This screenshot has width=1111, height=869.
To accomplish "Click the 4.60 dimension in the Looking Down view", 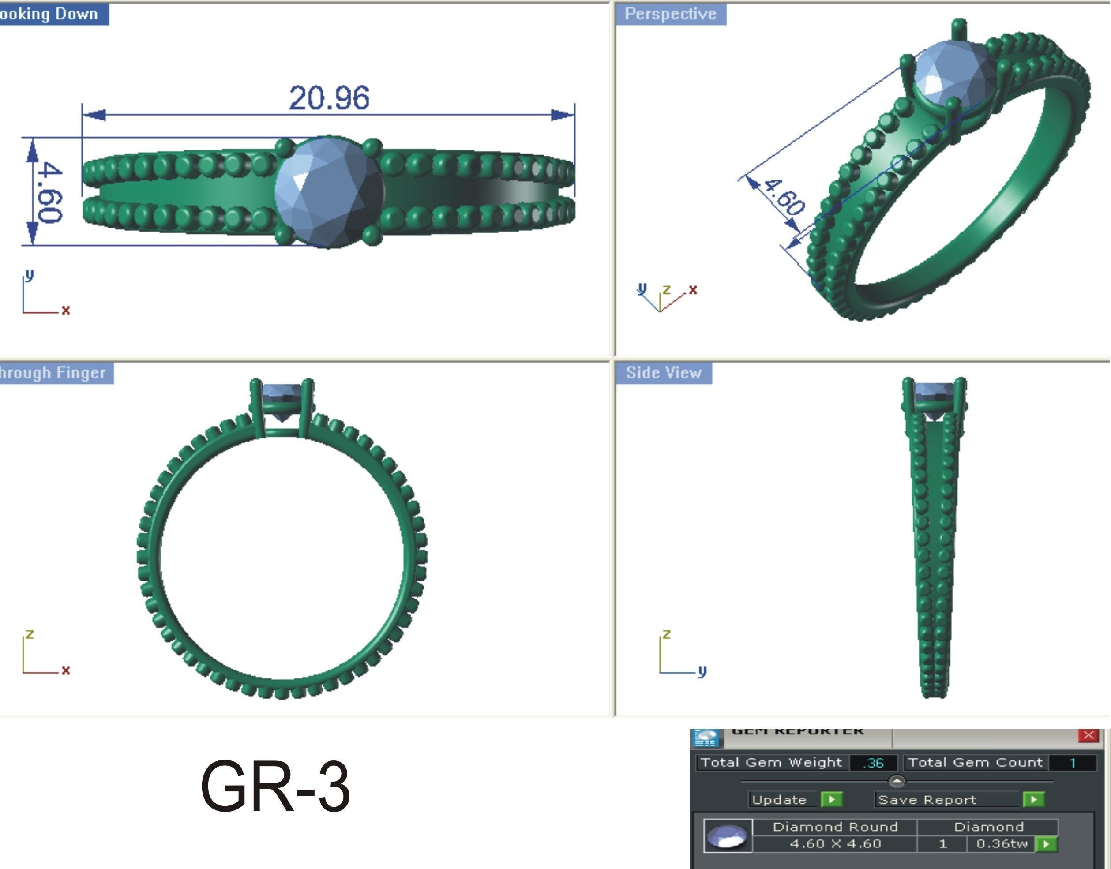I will click(49, 192).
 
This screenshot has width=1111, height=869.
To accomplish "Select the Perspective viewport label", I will click(670, 14).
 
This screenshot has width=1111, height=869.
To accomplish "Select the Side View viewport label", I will click(663, 372).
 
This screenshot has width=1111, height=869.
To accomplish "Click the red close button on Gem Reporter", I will click(1088, 735).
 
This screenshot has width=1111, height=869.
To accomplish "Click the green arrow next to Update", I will click(832, 799).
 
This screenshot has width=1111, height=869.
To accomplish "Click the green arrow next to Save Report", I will click(1033, 799).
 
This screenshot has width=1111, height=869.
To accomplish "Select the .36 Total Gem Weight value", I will click(873, 763).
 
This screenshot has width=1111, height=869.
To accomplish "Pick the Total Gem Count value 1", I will click(1072, 763).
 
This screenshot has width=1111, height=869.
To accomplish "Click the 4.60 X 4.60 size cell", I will click(835, 843).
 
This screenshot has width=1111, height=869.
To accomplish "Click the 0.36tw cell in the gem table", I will click(1001, 843).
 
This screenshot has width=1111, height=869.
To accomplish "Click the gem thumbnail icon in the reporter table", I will click(728, 835).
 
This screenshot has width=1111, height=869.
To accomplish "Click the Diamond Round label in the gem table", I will click(835, 827).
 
